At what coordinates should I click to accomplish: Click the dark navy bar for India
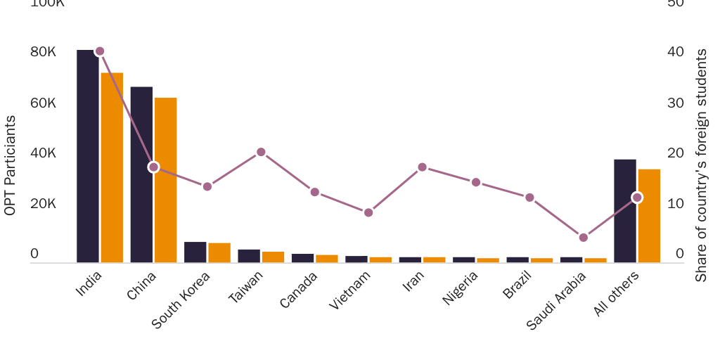coord(88,156)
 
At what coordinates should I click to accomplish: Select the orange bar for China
coord(165,180)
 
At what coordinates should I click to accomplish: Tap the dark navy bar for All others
coord(625,211)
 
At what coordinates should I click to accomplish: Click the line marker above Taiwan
coord(261,152)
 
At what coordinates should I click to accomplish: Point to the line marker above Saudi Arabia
coord(584,238)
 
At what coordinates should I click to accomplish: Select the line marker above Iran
coord(423,167)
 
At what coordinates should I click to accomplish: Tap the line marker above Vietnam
coord(368,212)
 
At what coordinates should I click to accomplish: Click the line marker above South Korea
coord(207,186)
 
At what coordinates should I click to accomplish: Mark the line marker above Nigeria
coord(476,182)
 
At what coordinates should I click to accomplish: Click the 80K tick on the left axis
coord(43,52)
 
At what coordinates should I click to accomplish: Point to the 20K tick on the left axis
coord(43,204)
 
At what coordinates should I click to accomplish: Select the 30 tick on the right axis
coord(675,103)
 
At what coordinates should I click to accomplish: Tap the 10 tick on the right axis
coord(675,204)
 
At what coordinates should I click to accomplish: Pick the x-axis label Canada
coord(299,290)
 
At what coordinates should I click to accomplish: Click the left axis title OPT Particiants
coord(10,165)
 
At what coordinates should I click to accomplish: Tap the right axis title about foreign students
coord(701,165)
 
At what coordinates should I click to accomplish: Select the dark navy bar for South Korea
coord(195,252)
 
